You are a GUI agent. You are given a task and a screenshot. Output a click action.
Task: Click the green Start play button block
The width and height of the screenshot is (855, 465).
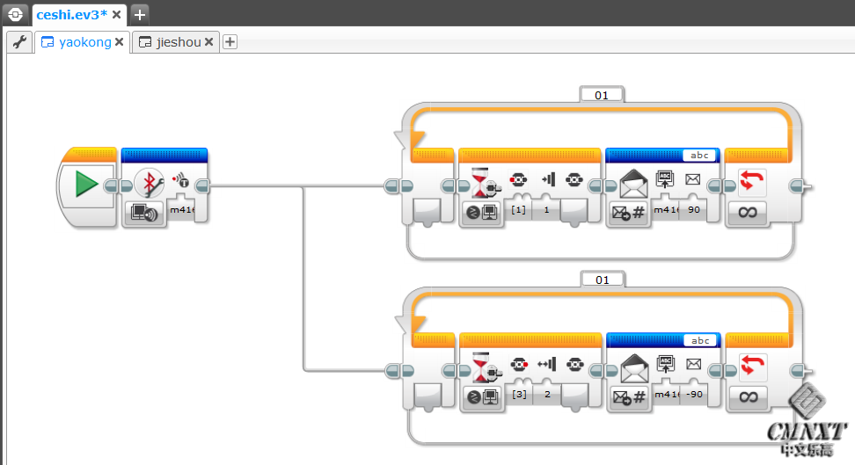click(x=86, y=184)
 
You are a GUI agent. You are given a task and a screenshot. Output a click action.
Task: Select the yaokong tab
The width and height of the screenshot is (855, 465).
click(x=84, y=42)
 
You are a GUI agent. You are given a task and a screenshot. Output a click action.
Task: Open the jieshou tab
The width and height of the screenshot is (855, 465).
click(x=178, y=42)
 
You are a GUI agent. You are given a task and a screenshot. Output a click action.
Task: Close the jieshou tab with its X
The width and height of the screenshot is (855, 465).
click(x=209, y=42)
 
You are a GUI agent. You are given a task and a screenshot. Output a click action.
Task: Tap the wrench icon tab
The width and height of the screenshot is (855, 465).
click(x=19, y=42)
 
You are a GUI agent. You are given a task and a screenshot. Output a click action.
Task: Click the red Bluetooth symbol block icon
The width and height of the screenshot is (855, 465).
click(x=149, y=183)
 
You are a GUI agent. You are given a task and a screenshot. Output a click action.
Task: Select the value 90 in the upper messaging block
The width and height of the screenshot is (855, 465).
click(x=693, y=210)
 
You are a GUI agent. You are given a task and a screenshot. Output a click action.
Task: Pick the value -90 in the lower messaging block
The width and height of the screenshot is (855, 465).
click(x=693, y=395)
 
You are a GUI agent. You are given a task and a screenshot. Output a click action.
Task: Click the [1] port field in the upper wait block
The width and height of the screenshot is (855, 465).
click(x=518, y=210)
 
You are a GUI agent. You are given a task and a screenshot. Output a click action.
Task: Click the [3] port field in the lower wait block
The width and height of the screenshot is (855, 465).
click(x=518, y=395)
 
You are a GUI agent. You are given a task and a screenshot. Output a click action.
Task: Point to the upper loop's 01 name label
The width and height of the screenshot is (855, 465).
click(x=602, y=95)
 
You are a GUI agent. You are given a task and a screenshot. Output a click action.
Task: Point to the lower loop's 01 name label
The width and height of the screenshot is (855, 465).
click(x=602, y=280)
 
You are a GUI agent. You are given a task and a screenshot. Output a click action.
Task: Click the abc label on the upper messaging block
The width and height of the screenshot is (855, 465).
click(x=699, y=156)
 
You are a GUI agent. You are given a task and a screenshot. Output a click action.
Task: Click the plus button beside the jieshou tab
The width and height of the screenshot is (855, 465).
click(x=230, y=42)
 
